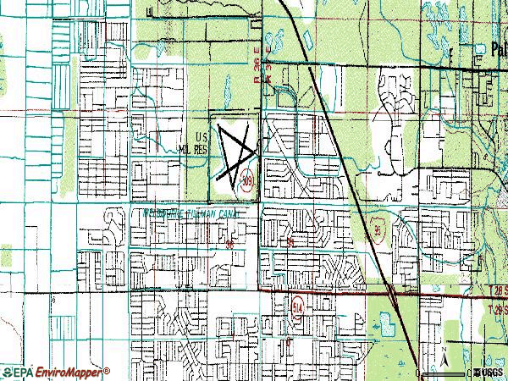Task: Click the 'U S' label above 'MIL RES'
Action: [201, 135]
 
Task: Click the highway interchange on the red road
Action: [395, 292]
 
